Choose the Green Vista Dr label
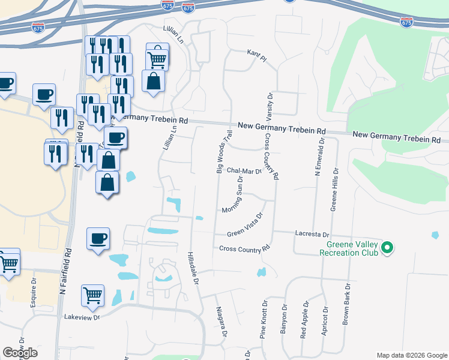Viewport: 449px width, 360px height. (246, 225)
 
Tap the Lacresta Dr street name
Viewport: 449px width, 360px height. (313, 233)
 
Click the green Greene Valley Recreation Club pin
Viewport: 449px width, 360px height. (387, 247)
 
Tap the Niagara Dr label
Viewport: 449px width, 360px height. (221, 322)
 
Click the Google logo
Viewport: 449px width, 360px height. (20, 353)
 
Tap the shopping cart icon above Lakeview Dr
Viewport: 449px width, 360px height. (92, 295)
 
